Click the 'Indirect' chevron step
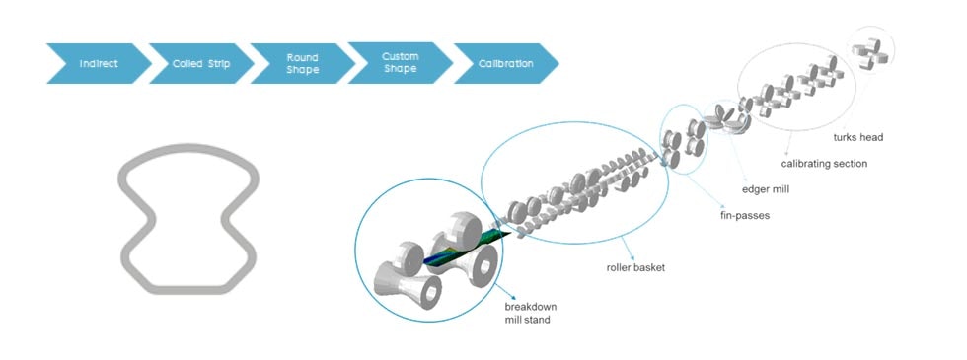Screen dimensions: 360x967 click(x=99, y=64)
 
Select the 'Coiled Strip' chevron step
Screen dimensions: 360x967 click(x=201, y=64)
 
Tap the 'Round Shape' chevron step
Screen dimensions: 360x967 click(x=302, y=64)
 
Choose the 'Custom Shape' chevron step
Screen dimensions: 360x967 click(x=401, y=64)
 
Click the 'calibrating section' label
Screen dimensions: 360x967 click(x=825, y=163)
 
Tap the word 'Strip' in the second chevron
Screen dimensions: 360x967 click(x=219, y=64)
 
